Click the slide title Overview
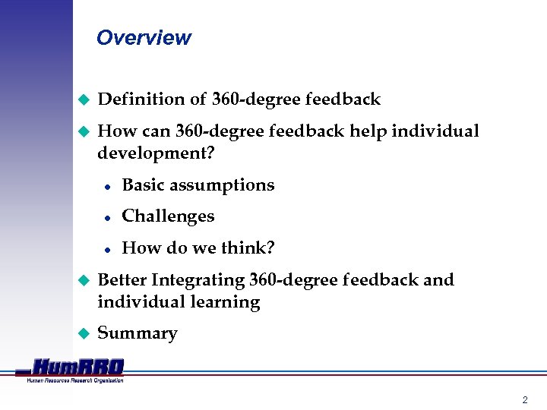tap(144, 38)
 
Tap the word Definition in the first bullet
tap(137, 99)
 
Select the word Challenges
tap(168, 216)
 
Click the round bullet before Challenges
tap(108, 217)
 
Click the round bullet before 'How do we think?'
tap(108, 249)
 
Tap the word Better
tap(122, 280)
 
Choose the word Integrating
tap(198, 281)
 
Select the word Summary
tap(138, 333)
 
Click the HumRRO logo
tap(76, 367)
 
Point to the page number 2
tap(524, 399)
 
